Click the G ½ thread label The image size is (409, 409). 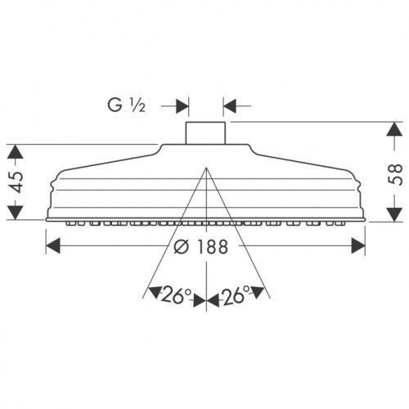tap(126, 106)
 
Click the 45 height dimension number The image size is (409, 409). tap(16, 182)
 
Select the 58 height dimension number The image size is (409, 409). tap(395, 174)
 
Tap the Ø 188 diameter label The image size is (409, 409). tap(200, 247)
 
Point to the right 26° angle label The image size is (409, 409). tap(235, 295)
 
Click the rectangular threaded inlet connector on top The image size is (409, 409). tap(205, 133)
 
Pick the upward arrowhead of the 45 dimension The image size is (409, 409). tap(16, 151)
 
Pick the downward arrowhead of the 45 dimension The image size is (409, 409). tap(16, 213)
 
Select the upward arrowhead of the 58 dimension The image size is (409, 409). tap(394, 129)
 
